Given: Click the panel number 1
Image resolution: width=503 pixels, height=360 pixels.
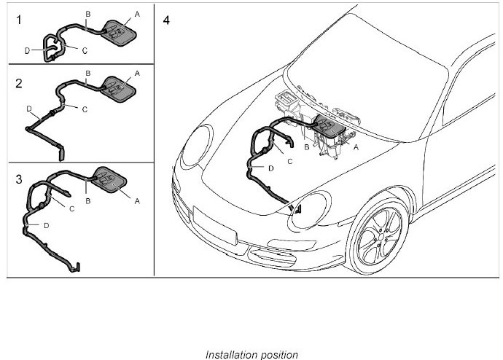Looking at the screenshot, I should (19, 20).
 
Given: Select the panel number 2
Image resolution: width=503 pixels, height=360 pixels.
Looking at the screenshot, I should (19, 82).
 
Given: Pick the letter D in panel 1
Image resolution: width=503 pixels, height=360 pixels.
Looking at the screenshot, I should (27, 51).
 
